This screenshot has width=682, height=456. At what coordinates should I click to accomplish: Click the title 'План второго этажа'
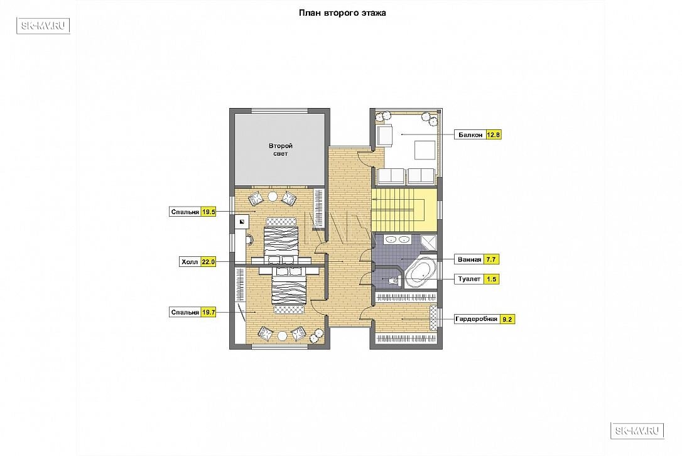(x=342, y=13)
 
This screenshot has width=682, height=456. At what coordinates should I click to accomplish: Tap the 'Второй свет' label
(x=281, y=149)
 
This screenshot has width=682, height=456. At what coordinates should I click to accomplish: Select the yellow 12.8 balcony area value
(x=493, y=135)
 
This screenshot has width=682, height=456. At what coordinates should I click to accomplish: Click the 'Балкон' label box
(x=470, y=135)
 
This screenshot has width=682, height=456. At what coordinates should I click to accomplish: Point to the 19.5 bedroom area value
(x=208, y=212)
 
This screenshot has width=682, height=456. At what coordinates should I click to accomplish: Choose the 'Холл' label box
(x=190, y=262)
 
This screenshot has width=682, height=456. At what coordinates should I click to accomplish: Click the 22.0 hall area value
(x=208, y=262)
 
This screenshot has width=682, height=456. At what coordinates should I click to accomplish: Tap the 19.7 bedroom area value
(x=208, y=312)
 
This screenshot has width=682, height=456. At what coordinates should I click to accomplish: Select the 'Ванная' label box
(x=469, y=259)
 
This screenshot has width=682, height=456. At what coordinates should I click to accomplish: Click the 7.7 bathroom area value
(x=491, y=259)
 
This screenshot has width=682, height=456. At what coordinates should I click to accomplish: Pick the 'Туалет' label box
(x=469, y=279)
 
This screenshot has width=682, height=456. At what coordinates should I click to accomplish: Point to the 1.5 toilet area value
(x=492, y=279)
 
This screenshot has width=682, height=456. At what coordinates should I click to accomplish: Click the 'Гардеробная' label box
(x=477, y=319)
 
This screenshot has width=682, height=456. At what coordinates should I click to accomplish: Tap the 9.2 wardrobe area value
(x=507, y=319)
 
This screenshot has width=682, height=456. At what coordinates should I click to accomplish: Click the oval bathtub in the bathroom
(x=419, y=273)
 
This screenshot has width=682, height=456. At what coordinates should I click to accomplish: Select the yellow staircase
(x=404, y=210)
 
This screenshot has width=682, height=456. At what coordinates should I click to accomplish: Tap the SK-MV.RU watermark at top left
(x=43, y=26)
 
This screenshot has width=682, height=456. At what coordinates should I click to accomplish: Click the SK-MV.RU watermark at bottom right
(x=637, y=431)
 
